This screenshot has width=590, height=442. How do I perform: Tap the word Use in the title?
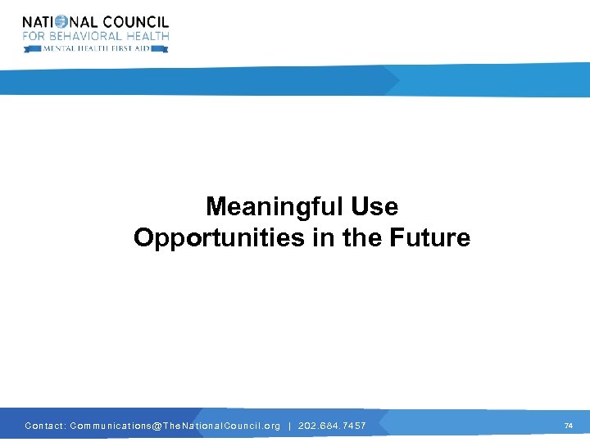click(x=374, y=206)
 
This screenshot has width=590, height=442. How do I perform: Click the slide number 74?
click(x=569, y=426)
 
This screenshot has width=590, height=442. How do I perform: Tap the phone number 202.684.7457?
click(x=332, y=426)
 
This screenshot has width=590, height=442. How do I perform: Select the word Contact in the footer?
click(x=44, y=426)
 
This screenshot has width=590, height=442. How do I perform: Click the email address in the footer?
click(x=175, y=426)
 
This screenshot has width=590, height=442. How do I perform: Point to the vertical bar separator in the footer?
click(x=289, y=426)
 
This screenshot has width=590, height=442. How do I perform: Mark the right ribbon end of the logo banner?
click(x=164, y=49)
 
